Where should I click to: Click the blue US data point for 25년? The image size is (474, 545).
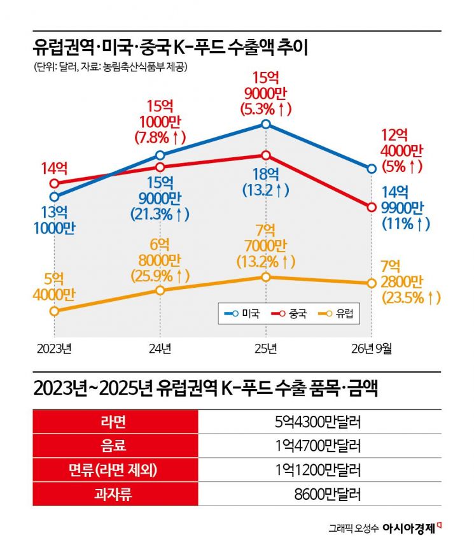click(x=266, y=124)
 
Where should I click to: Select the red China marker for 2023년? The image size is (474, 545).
click(x=54, y=183)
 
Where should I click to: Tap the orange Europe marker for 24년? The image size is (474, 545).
click(x=160, y=290)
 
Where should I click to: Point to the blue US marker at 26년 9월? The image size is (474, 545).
click(x=372, y=169)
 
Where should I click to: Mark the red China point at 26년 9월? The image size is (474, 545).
click(x=372, y=207)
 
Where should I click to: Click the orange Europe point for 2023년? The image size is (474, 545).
click(x=54, y=311)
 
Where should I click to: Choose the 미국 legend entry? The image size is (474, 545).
click(x=242, y=313)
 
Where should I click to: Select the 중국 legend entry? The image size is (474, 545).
click(x=289, y=313)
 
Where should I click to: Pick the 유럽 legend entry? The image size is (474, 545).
click(x=336, y=313)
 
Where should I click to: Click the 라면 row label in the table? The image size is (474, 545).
click(x=113, y=421)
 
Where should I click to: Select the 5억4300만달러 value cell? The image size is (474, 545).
click(x=318, y=421)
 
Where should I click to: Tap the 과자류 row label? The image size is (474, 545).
click(x=113, y=494)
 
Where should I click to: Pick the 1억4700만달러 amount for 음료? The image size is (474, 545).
click(x=318, y=446)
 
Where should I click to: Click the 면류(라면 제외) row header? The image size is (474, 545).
click(x=113, y=470)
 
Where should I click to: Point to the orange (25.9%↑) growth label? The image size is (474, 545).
click(x=160, y=276)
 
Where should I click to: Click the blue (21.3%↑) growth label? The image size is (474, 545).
click(x=160, y=214)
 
